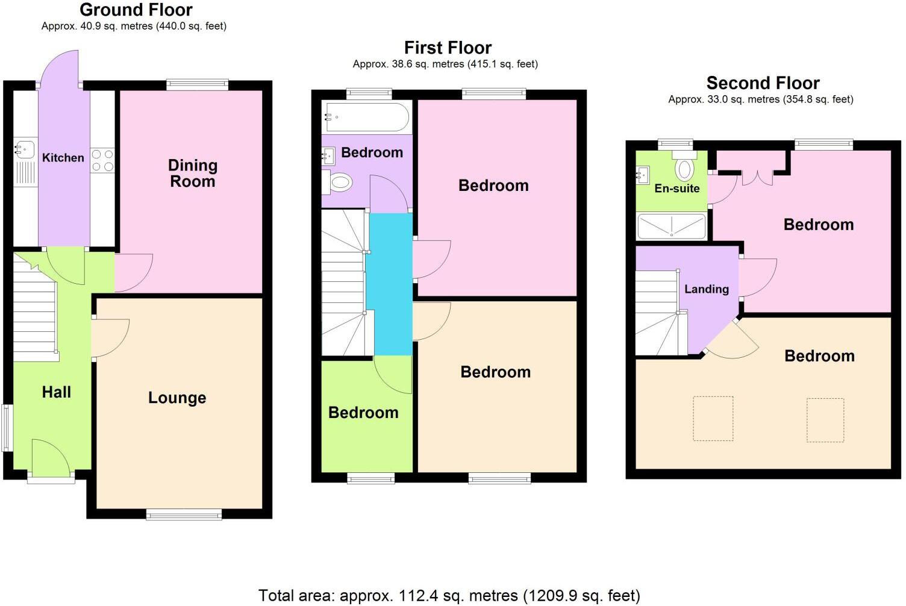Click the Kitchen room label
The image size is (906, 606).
coord(63,158)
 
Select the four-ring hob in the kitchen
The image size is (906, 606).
coord(102,161)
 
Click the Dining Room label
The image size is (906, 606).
coord(192,173)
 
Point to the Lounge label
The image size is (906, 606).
coord(177,398)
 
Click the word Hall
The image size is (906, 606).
coord(56,392)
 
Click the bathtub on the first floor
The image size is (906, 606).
coord(367,117)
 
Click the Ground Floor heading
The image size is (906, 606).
coord(136,10)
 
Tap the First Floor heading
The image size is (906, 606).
coord(448,48)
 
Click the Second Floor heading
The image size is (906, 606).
coord(763,83)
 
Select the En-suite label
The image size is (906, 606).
coord(677,189)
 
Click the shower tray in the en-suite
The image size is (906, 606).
coord(672,226)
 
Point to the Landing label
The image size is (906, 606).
coord(706,289)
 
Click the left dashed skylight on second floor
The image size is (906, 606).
coord(713,419)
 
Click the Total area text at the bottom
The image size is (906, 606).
coord(449,596)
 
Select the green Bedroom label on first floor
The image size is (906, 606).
coord(363,413)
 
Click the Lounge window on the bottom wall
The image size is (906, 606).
coord(184,514)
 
